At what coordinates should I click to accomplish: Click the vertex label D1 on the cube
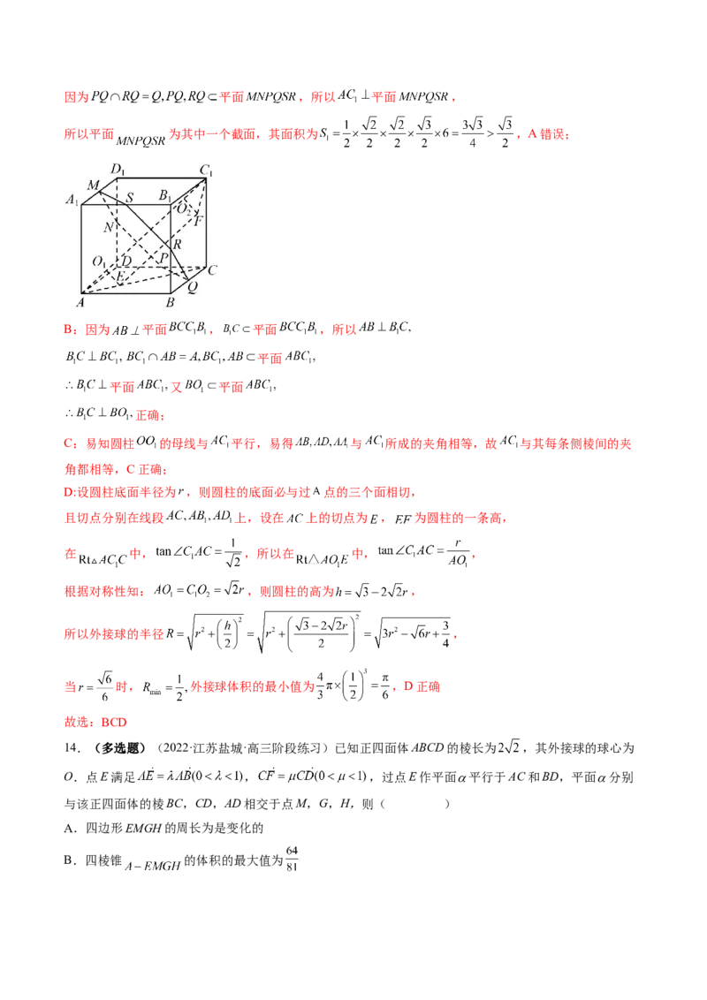116,168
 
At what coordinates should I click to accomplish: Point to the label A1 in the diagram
72,199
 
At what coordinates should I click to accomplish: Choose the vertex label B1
164,196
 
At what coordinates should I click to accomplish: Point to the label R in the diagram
177,245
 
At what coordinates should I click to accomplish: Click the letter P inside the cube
163,257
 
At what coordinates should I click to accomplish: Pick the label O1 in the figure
100,261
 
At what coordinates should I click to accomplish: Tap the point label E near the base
120,277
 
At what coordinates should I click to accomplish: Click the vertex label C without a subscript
212,269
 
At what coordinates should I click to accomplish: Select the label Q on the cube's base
194,286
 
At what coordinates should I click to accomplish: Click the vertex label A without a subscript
80,302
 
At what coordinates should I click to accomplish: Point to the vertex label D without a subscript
126,261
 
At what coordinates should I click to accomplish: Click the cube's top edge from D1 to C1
161,177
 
